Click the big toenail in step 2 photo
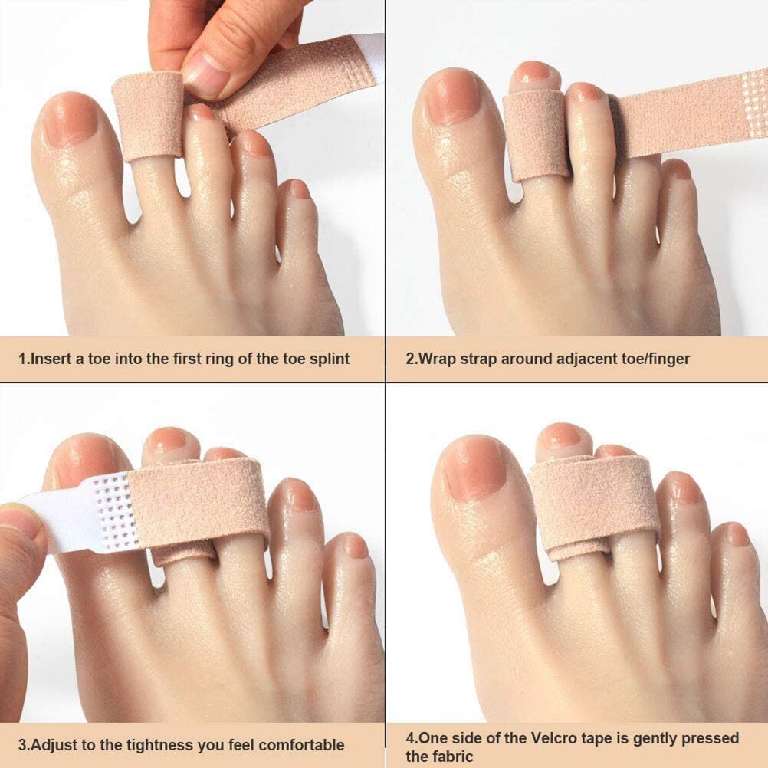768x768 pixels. tap(452, 97)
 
